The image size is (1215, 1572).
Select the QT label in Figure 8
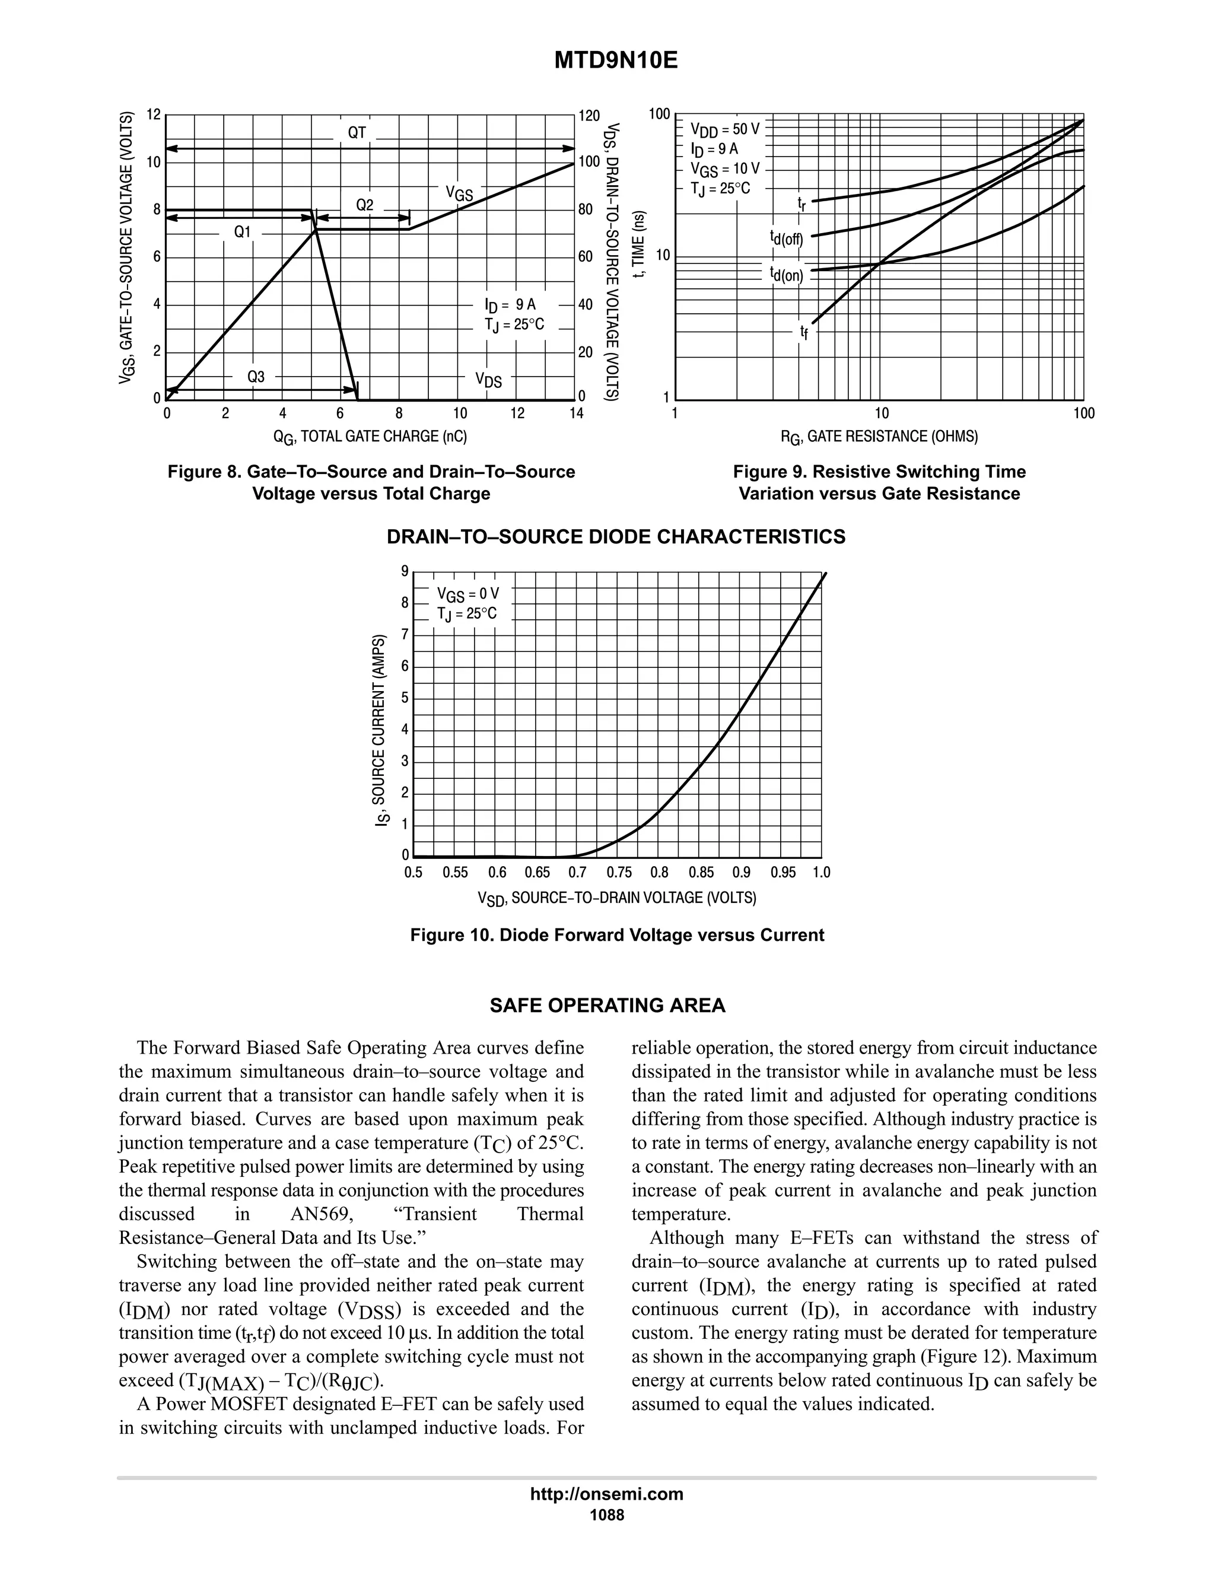point(357,132)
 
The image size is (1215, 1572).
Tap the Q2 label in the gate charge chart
point(365,206)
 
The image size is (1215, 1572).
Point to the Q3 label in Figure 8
point(256,377)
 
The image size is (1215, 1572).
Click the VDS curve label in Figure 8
point(488,380)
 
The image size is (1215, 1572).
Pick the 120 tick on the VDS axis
point(589,116)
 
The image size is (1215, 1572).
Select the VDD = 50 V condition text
point(724,129)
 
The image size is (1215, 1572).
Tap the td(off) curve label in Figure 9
point(786,237)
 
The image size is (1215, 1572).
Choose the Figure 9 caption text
point(879,482)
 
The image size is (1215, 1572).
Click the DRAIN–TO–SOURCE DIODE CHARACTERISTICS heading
point(615,537)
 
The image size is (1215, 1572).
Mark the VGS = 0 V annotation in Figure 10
point(467,594)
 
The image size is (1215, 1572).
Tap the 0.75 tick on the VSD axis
point(619,873)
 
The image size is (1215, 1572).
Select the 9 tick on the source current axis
point(405,571)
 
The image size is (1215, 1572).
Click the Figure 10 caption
point(617,935)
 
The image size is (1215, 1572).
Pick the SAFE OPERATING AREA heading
point(607,1005)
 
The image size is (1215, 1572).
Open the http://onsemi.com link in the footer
point(607,1494)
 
